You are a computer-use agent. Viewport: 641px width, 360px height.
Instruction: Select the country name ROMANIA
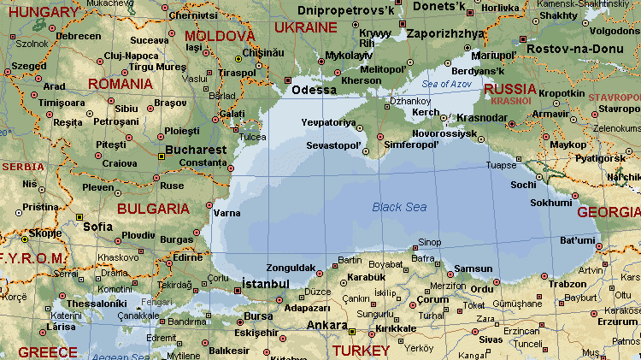click(121, 84)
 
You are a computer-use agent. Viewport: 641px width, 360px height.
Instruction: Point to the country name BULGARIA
click(153, 209)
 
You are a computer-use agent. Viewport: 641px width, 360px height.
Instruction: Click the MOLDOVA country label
click(220, 36)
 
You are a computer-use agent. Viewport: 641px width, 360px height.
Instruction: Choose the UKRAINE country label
click(306, 27)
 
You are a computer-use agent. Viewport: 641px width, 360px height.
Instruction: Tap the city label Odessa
click(314, 90)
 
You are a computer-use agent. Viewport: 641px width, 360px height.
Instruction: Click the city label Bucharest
click(197, 149)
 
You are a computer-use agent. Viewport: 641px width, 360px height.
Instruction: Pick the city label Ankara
click(326, 325)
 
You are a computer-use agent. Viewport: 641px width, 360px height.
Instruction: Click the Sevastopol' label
click(333, 145)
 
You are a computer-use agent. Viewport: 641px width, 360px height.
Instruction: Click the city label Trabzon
click(567, 284)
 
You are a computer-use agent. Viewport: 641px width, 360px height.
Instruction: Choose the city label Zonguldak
click(291, 267)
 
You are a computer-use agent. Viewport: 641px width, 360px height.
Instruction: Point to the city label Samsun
click(473, 269)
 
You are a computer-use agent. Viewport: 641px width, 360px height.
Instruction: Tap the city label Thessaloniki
click(97, 303)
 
